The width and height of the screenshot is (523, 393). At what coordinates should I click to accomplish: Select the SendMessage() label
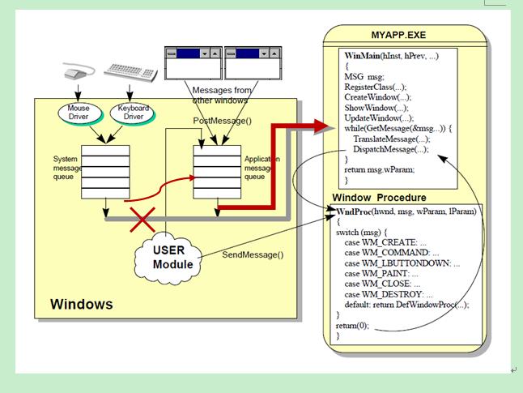coord(253,254)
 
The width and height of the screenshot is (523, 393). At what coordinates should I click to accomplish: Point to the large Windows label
coord(82,305)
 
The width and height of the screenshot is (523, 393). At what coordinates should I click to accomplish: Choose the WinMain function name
coord(363,53)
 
